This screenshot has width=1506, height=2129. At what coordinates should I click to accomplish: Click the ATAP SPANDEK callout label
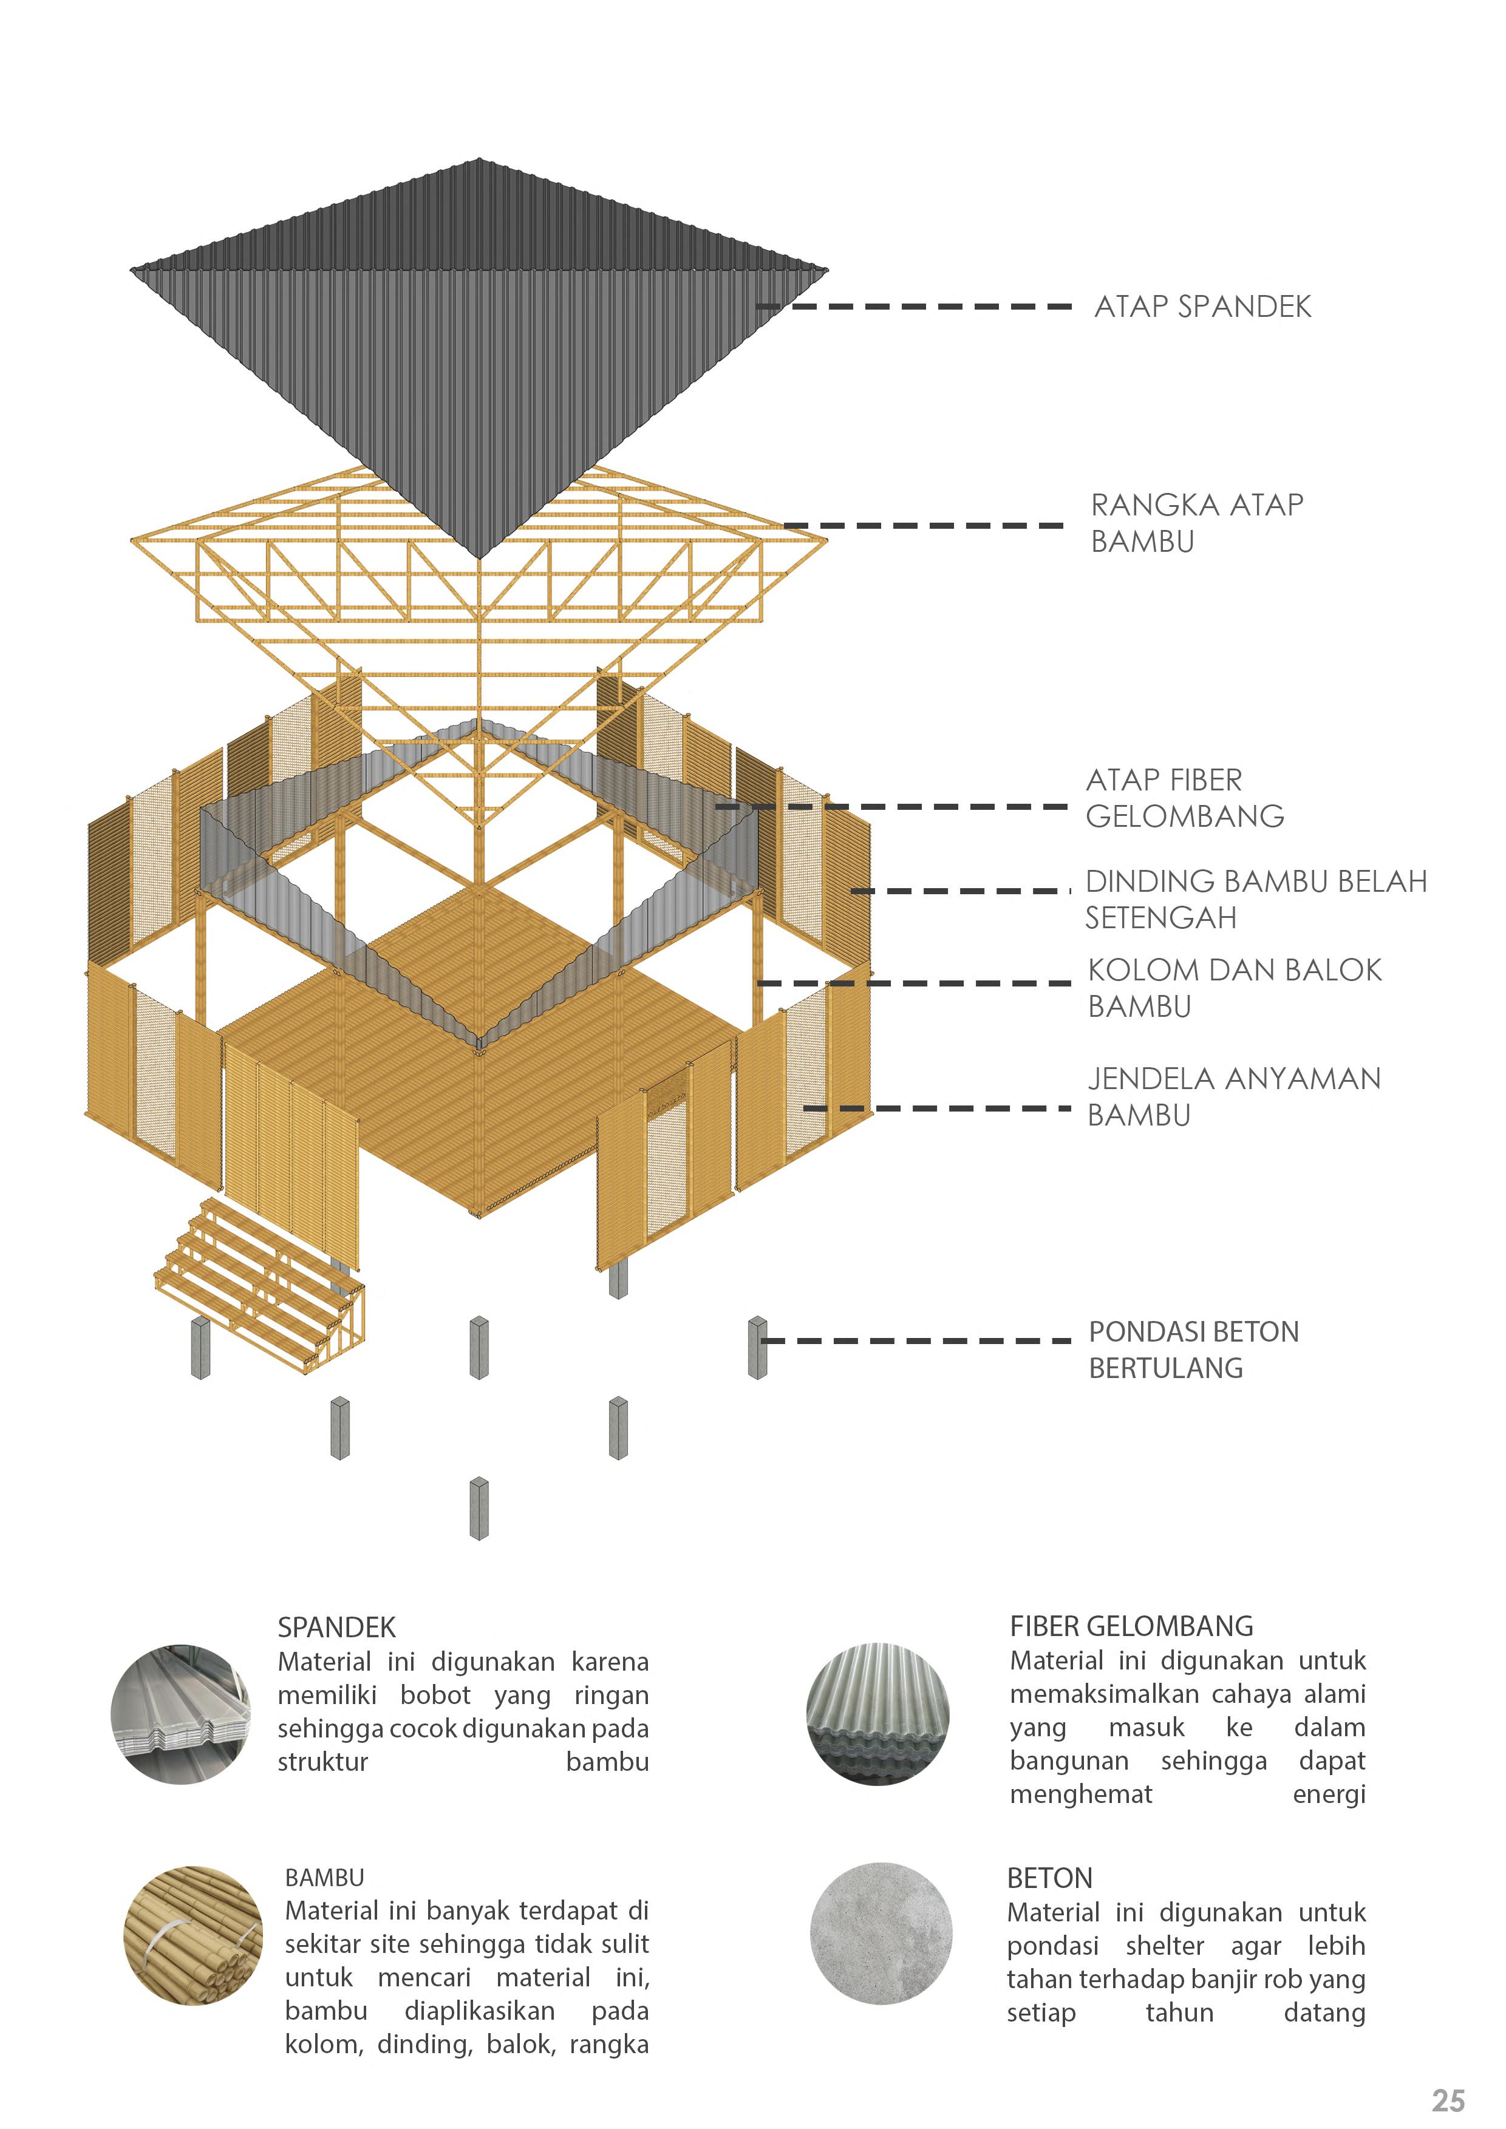click(1203, 307)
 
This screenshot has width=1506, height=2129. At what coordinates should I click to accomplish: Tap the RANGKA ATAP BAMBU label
click(1196, 523)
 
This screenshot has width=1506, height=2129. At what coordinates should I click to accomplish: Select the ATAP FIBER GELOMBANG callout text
click(1184, 798)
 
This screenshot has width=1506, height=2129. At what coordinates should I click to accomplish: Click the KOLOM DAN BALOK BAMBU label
click(1233, 988)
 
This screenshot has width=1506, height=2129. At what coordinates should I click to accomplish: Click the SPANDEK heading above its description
click(336, 1628)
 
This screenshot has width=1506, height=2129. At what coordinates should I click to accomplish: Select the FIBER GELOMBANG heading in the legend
click(1131, 1626)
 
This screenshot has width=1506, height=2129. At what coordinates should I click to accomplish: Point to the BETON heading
click(1050, 1878)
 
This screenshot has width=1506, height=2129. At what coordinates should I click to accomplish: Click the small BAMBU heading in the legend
click(324, 1878)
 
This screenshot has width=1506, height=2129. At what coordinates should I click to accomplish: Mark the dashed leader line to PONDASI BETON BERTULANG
click(918, 1341)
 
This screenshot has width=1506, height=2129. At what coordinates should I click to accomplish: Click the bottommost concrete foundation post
click(479, 1509)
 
